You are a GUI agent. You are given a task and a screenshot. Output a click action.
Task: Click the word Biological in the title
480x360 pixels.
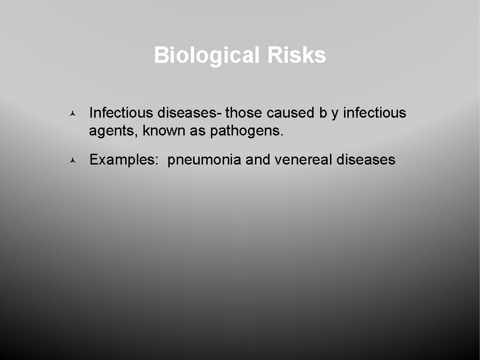point(207,56)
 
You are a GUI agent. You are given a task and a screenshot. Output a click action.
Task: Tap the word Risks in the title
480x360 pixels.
point(297,56)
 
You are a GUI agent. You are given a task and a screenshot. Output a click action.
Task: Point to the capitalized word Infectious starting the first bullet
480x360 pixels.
point(121,113)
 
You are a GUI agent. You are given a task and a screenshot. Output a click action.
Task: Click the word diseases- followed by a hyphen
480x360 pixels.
point(190,113)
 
